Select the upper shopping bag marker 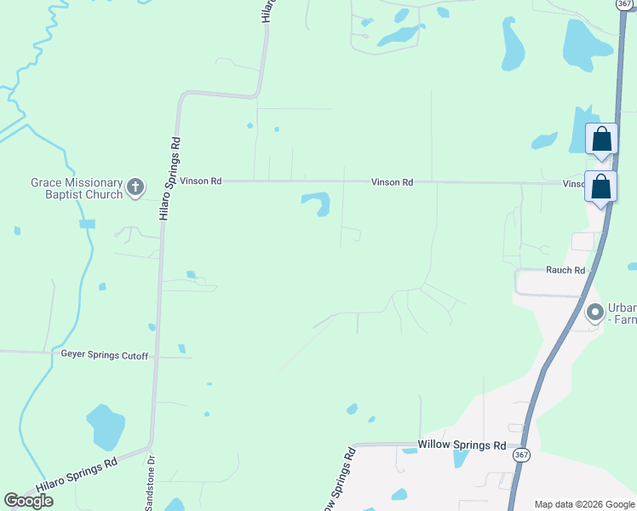click(x=601, y=140)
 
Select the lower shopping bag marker click(x=600, y=187)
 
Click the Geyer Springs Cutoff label click(x=105, y=355)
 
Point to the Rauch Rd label click(x=565, y=270)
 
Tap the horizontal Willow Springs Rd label click(x=461, y=445)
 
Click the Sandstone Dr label click(x=152, y=482)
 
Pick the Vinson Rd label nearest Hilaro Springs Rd click(x=200, y=181)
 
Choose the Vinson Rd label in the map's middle click(x=392, y=182)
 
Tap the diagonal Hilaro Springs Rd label click(x=77, y=477)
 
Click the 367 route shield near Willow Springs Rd click(x=521, y=456)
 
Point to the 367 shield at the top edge click(x=624, y=4)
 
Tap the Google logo click(x=29, y=501)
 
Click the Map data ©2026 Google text click(x=584, y=504)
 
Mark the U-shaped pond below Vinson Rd click(x=317, y=204)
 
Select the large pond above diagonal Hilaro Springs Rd click(x=106, y=426)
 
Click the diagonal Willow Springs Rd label click(x=337, y=481)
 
